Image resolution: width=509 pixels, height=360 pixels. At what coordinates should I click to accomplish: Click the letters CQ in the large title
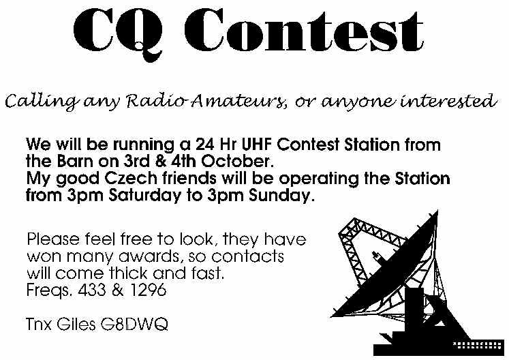click(118, 34)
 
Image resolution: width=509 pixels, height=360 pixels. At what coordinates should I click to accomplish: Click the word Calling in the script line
click(41, 101)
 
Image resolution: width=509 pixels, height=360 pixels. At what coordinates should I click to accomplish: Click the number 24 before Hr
click(204, 145)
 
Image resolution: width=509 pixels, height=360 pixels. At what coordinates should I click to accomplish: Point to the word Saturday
click(144, 196)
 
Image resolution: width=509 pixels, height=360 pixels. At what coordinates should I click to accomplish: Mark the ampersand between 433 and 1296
click(118, 290)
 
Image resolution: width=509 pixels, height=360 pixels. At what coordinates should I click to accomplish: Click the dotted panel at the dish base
click(476, 345)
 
